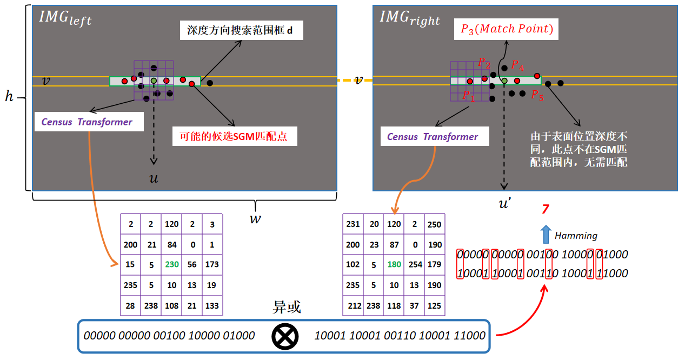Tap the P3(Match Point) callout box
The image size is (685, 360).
[507, 29]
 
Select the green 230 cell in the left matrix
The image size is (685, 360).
[172, 265]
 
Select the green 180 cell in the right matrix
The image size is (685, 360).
[394, 265]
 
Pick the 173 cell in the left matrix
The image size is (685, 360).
[212, 265]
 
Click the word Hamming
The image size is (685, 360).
[576, 236]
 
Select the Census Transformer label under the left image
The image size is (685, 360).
[87, 122]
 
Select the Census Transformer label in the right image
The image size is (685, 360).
[432, 137]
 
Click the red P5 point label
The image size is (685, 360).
[537, 96]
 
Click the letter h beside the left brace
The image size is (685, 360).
[9, 97]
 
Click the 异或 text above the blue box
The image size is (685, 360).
[286, 308]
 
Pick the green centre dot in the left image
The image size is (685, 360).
[154, 81]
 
